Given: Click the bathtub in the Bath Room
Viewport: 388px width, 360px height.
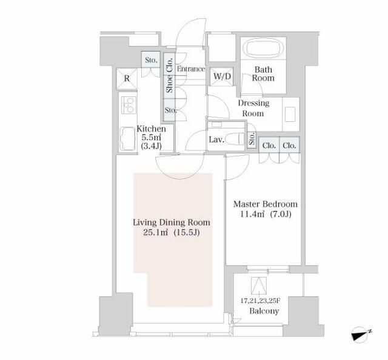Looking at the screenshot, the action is coord(263,48).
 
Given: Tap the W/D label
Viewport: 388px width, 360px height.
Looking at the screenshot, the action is coord(222,76).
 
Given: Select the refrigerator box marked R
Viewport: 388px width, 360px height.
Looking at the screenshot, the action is coord(127,78).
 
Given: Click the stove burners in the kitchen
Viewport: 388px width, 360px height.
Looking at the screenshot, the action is coord(129,105).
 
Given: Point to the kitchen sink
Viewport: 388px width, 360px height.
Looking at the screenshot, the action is coord(128,139).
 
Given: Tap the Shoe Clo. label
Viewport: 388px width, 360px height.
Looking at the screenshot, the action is coord(170,75).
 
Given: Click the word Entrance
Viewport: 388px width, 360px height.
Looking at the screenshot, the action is coord(191,68).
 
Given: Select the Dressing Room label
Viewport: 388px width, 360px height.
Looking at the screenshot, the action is coord(253,108).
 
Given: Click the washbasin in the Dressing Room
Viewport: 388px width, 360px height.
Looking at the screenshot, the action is coord(290,114).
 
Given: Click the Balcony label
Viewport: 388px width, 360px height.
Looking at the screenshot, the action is coord(264,311).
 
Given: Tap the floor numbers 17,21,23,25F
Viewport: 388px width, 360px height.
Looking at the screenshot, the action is coord(260,301).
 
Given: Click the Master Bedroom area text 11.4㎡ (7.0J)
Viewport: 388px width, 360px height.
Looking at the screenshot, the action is coord(266,214).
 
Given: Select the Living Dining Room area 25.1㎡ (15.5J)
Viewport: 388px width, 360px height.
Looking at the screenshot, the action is coord(171,233).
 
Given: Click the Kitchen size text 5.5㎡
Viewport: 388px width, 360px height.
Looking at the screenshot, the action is coord(151,137).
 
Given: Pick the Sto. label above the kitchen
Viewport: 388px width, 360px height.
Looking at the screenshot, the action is coord(151,60).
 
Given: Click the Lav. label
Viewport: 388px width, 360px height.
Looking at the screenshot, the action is coord(216,139).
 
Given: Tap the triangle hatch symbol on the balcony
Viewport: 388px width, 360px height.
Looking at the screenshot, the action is coord(259,285).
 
